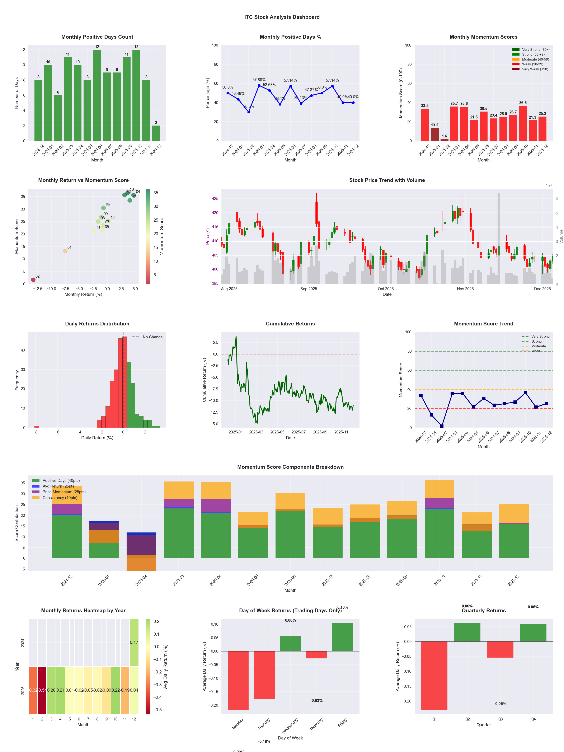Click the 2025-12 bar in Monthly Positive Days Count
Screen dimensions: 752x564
(156, 133)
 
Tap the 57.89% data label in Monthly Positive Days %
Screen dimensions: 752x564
(259, 80)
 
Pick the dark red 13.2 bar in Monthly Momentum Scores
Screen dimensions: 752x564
(434, 135)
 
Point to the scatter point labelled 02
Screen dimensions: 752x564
(33, 280)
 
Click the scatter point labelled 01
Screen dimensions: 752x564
(65, 251)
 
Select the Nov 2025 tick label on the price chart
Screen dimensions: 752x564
(465, 289)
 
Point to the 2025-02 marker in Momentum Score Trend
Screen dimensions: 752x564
(442, 426)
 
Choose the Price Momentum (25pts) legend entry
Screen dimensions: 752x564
(64, 492)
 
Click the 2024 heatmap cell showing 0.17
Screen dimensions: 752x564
(134, 642)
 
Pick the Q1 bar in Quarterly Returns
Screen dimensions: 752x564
(434, 676)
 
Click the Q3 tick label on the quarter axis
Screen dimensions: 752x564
(500, 719)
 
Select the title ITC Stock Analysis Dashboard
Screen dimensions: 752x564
(282, 17)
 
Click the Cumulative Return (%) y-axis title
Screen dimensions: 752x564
(204, 380)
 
